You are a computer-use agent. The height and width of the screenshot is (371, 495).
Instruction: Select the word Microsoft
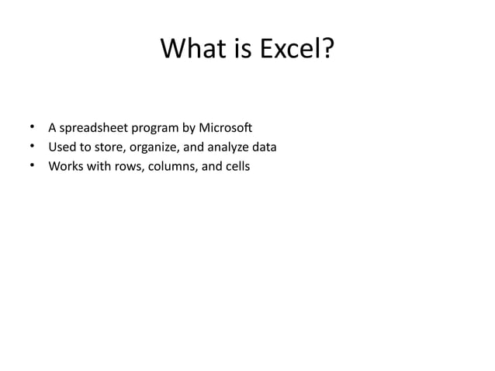(x=226, y=127)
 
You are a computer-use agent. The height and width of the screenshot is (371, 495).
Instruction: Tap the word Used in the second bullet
(x=61, y=146)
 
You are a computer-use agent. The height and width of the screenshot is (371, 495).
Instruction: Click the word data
(x=264, y=146)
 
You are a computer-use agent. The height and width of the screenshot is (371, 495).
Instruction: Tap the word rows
(x=126, y=165)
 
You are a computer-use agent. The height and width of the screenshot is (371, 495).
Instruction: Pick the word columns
(x=171, y=165)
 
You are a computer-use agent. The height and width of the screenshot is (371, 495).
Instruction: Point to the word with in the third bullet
(x=98, y=165)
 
